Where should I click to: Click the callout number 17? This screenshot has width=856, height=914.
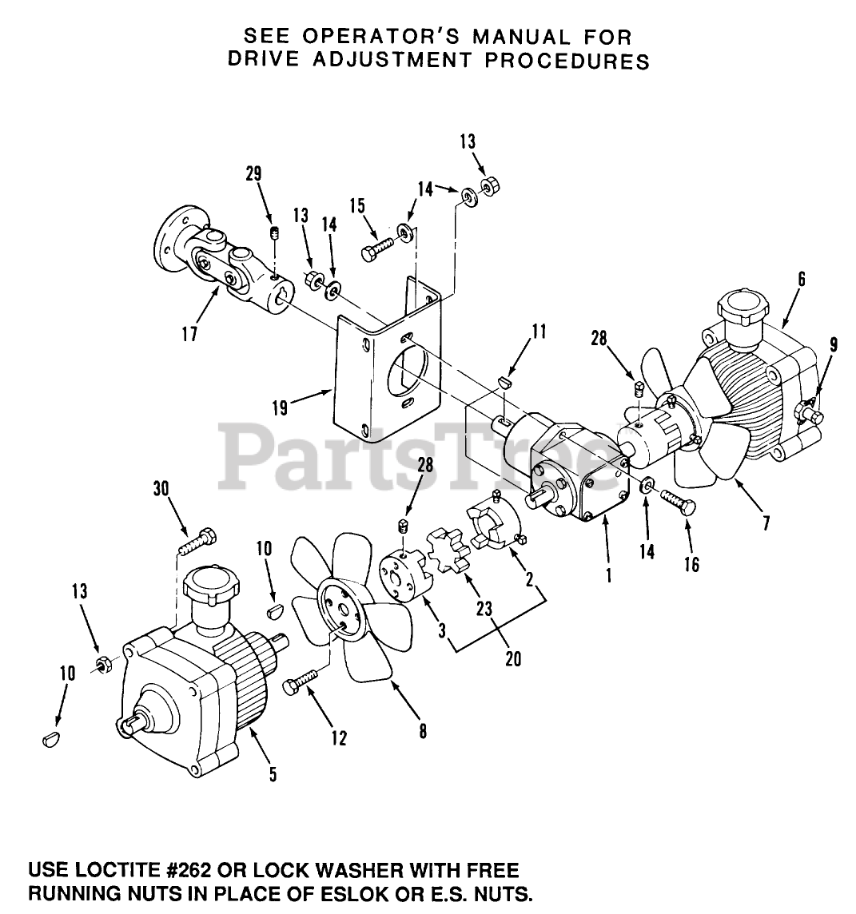189,332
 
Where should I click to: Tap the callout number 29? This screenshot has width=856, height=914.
255,174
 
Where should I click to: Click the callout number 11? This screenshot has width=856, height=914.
539,331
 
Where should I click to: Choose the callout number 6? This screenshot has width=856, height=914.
801,279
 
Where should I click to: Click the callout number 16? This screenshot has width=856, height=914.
691,565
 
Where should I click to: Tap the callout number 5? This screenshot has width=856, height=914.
273,774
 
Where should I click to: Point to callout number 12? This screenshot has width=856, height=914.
339,738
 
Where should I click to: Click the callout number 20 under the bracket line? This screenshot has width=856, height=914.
512,660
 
